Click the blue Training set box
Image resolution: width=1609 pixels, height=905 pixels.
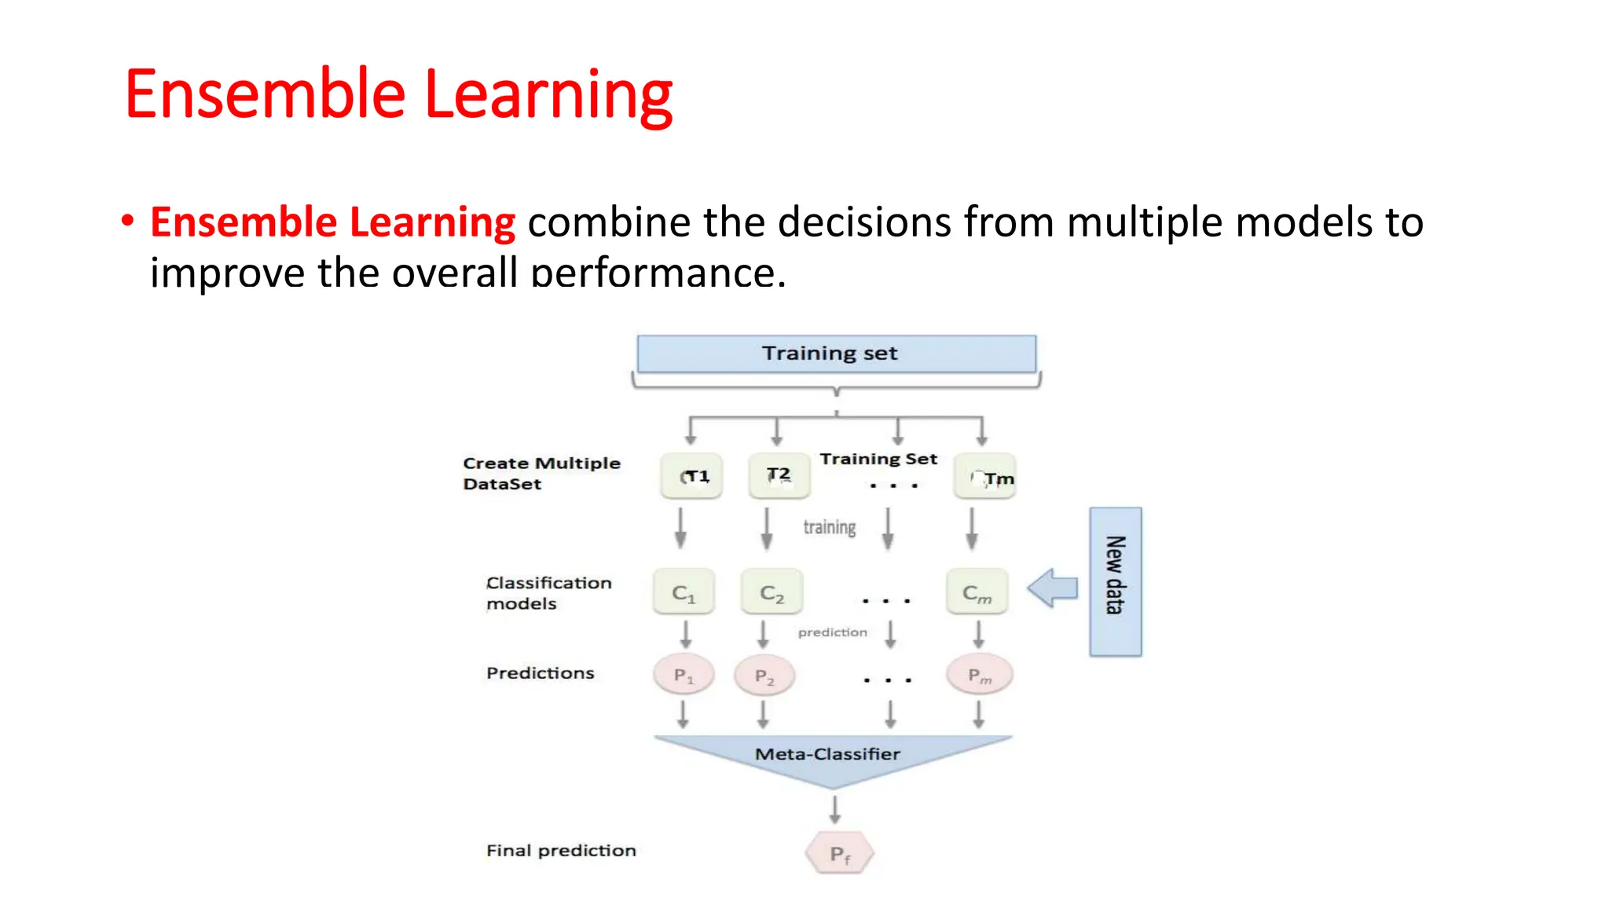[x=836, y=354]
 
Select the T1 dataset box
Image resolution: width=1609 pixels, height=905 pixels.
[x=691, y=476]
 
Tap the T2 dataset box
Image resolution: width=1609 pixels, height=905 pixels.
[x=779, y=475]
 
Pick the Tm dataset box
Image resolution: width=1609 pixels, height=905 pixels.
[x=984, y=476]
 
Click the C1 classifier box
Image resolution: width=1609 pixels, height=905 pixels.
[x=684, y=592]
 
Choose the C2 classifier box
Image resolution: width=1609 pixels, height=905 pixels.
[x=772, y=592]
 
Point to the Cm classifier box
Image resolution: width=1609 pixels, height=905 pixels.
[x=977, y=592]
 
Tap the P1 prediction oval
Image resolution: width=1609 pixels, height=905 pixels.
[x=684, y=675]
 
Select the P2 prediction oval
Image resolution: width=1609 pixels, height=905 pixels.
[x=764, y=676]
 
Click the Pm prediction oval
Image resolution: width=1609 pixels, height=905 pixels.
[x=979, y=675]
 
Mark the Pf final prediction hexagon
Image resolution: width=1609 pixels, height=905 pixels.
[x=839, y=853]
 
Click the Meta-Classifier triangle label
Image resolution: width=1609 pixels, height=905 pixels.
[x=827, y=754]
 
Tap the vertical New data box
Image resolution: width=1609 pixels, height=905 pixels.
[x=1115, y=581]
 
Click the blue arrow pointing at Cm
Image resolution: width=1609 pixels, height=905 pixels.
[x=1053, y=588]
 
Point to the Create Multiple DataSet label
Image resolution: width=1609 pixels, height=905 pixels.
[x=541, y=474]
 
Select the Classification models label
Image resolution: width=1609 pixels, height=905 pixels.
[x=548, y=593]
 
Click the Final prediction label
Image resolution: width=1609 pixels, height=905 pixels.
[x=561, y=851]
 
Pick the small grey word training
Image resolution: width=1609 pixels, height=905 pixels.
[x=829, y=527]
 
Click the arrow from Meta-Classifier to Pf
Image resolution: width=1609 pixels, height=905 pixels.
[x=834, y=808]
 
